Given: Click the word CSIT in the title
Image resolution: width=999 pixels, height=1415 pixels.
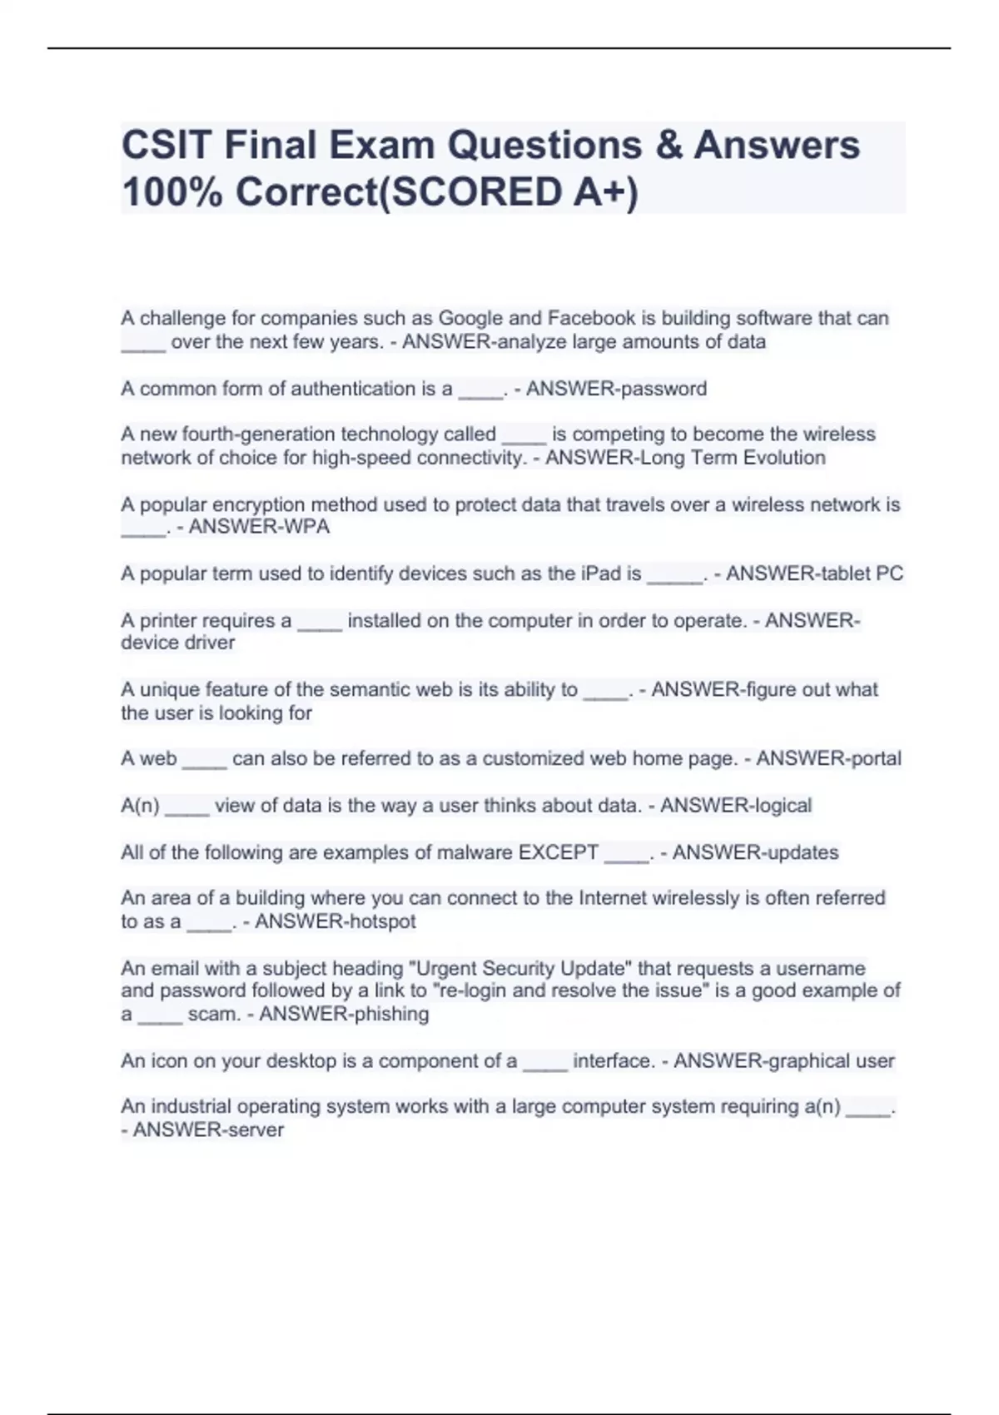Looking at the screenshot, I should [x=166, y=145].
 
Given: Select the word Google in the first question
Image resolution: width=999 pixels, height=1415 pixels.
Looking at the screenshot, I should [x=470, y=318].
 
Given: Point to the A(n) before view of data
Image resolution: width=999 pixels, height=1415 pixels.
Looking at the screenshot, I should [x=140, y=806].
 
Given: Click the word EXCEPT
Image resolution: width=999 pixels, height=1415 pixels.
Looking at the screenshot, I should [x=559, y=852].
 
